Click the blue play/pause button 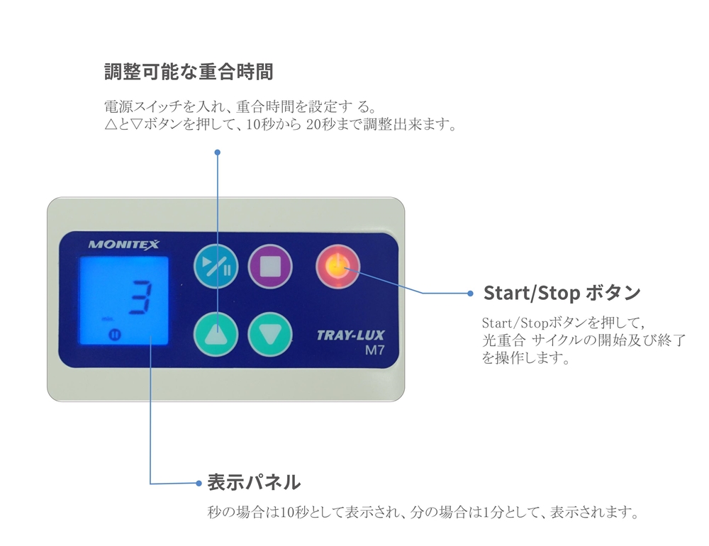click(216, 267)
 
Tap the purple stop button click(270, 267)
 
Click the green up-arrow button click(216, 334)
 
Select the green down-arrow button click(270, 334)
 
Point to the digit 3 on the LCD click(140, 297)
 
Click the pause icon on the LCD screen click(115, 335)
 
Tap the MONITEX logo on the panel click(124, 245)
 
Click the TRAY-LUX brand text click(350, 335)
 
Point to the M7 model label click(375, 350)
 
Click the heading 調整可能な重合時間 click(189, 72)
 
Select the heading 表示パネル click(254, 482)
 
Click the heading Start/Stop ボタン click(562, 293)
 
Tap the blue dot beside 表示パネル click(199, 483)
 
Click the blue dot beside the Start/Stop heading click(470, 294)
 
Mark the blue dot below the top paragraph click(218, 152)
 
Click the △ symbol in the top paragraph click(111, 124)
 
